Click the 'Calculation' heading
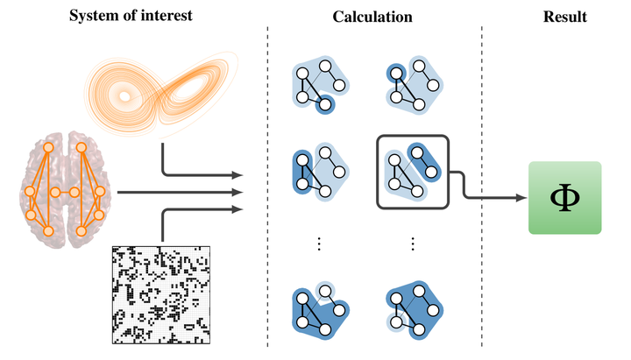click(x=372, y=17)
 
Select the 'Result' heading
click(x=564, y=17)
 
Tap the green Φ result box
click(x=564, y=198)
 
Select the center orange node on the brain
click(x=55, y=192)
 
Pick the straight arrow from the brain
click(x=175, y=192)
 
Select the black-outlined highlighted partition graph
click(x=412, y=171)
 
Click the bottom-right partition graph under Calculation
click(x=412, y=309)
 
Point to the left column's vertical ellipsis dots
click(x=320, y=244)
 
